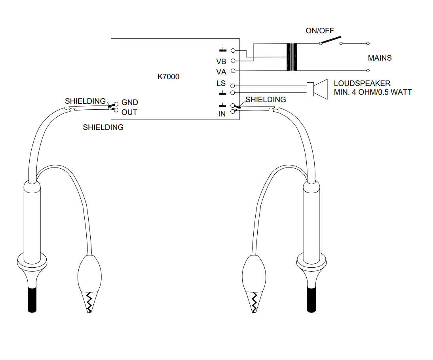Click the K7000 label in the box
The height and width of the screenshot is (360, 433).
pos(168,76)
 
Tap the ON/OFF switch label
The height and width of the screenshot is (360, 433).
pos(319,30)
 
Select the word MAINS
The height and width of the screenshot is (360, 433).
pos(380,58)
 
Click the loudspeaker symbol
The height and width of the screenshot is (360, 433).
pos(317,89)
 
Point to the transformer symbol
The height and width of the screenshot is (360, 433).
pos(292,57)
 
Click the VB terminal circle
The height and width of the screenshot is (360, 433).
pos(233,61)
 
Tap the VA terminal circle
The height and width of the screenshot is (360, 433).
pos(233,71)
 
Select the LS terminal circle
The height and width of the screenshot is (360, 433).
pos(232,86)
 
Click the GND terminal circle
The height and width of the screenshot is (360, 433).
pos(116,104)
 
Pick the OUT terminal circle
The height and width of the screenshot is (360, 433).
pos(116,110)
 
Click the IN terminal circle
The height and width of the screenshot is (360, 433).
pos(232,112)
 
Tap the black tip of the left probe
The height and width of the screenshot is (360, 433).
pos(32,300)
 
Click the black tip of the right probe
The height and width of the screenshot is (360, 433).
pos(311,300)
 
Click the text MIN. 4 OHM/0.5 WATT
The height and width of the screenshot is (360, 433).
pos(373,92)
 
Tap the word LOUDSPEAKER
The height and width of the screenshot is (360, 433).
pos(362,84)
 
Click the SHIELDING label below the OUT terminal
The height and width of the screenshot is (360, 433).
pos(103,128)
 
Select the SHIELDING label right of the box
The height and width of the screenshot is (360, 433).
pos(266,99)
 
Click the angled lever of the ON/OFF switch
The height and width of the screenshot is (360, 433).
pos(331,40)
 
